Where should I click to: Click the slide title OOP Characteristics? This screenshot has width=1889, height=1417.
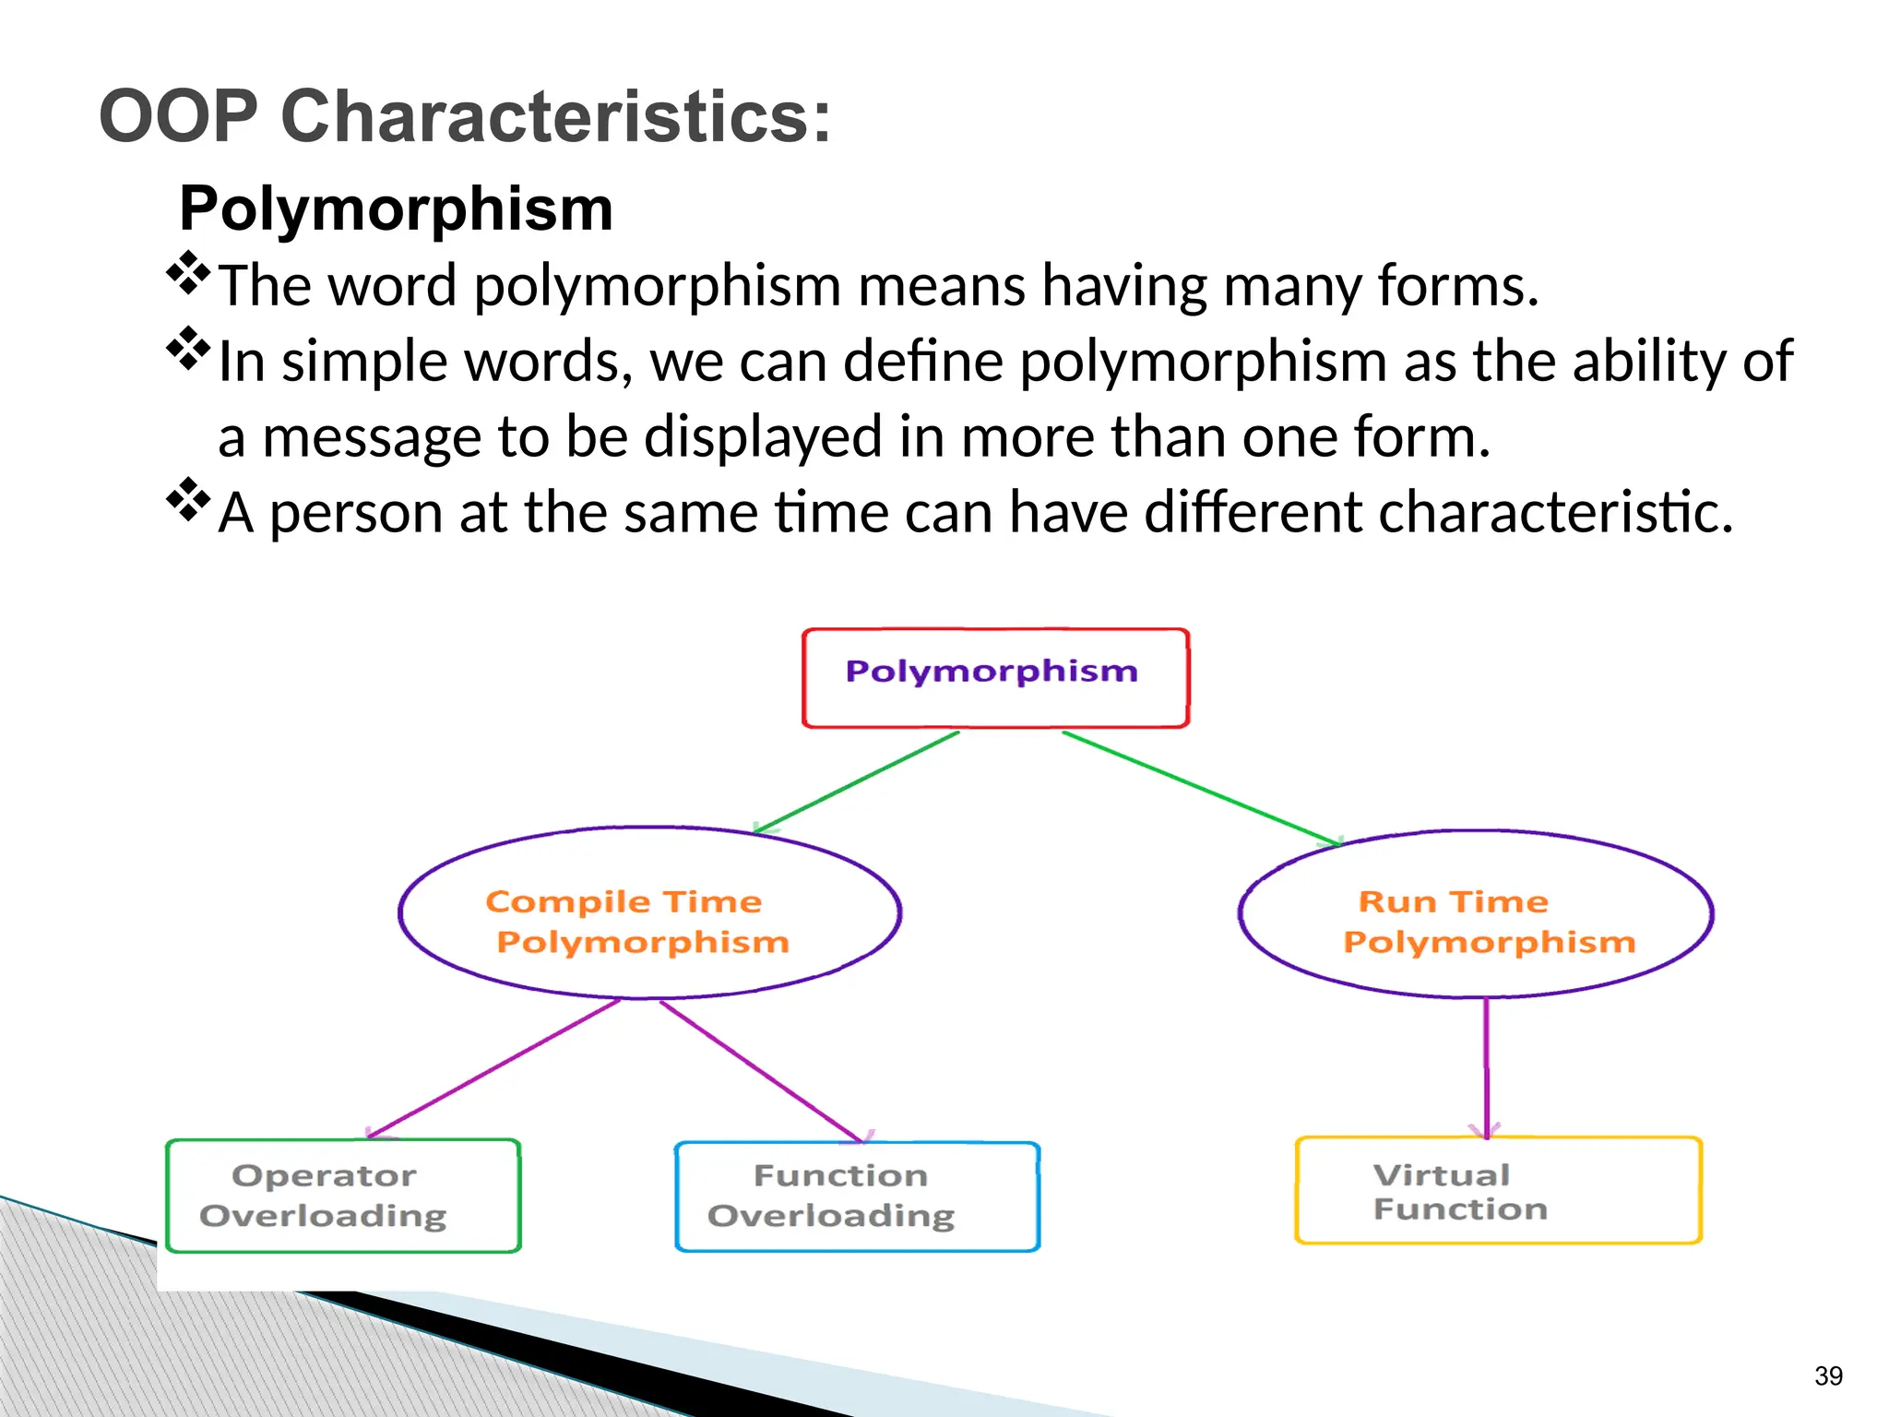click(465, 117)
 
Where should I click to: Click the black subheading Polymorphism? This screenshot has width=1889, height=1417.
click(396, 208)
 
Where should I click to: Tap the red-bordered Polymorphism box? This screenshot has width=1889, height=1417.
click(994, 678)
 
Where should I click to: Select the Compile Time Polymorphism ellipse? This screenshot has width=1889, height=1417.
click(649, 913)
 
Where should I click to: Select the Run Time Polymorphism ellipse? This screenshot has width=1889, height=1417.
click(1476, 913)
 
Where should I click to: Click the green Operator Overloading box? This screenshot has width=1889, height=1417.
click(343, 1196)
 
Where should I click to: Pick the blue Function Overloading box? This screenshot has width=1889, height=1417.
click(857, 1197)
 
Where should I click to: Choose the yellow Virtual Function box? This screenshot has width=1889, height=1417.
click(1498, 1191)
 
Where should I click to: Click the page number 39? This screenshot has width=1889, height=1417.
click(1827, 1375)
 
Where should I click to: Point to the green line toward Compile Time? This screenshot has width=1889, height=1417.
click(858, 782)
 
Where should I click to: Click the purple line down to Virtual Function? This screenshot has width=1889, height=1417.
click(1486, 1066)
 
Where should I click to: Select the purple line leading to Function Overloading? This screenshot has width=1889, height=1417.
click(761, 1070)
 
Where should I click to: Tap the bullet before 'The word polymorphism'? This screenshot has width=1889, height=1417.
click(188, 273)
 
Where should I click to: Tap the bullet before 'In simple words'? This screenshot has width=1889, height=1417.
click(188, 349)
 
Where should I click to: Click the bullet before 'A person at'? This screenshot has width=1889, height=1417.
click(188, 500)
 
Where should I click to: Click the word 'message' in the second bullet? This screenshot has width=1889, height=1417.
click(372, 437)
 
